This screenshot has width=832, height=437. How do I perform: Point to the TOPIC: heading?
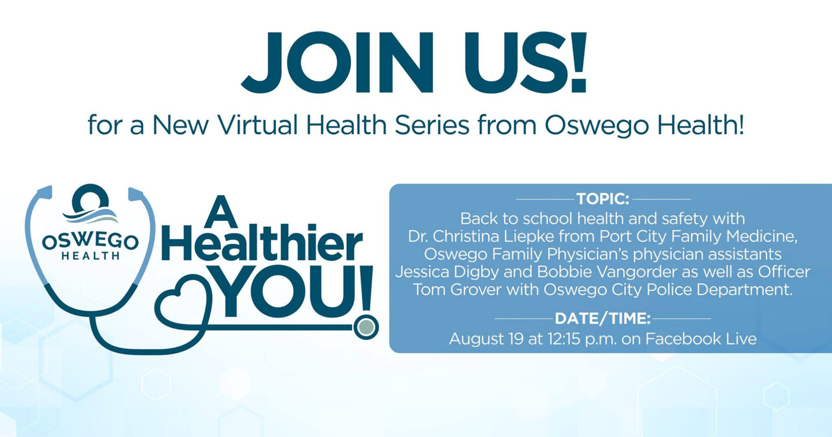(603, 199)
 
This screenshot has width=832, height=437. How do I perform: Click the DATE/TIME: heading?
(603, 319)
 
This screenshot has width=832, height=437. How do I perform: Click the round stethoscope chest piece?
(366, 327)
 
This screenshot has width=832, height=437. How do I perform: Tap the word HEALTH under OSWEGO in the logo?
(90, 256)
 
